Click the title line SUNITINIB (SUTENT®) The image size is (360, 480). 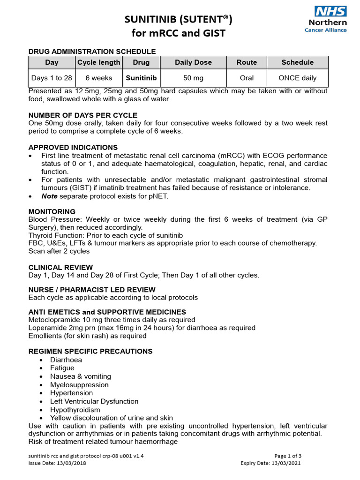[178, 19]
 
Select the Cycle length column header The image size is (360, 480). [98, 62]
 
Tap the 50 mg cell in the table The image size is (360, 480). [193, 78]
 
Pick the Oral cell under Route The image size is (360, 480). [247, 78]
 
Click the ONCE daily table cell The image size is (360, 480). [297, 78]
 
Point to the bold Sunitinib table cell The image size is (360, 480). [141, 78]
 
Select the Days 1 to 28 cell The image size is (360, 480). [52, 78]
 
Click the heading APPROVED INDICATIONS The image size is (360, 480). [73, 148]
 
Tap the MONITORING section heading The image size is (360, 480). [52, 212]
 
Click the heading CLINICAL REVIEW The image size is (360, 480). [61, 267]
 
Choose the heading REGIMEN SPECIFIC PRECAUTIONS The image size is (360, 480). [90, 352]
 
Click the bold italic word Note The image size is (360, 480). [50, 196]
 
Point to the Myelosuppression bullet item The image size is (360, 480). [79, 385]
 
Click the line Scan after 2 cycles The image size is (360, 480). [59, 251]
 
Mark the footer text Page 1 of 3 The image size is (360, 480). [288, 456]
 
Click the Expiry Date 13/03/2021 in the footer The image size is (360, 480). [270, 463]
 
